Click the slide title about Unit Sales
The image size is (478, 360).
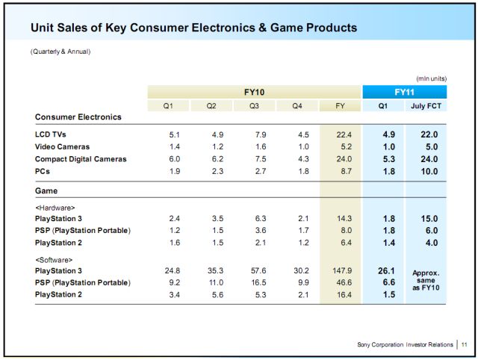click(x=193, y=28)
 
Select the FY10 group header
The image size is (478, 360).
click(x=255, y=92)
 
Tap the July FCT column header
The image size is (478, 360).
click(x=427, y=106)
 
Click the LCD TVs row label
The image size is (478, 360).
click(x=52, y=134)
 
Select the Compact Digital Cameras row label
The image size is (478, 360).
click(x=81, y=159)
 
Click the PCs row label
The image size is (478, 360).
click(x=43, y=171)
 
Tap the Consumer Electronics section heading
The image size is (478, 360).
click(x=78, y=117)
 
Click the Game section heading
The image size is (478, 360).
click(x=47, y=190)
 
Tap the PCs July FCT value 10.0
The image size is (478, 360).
click(x=427, y=171)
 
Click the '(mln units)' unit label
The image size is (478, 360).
click(x=431, y=78)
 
